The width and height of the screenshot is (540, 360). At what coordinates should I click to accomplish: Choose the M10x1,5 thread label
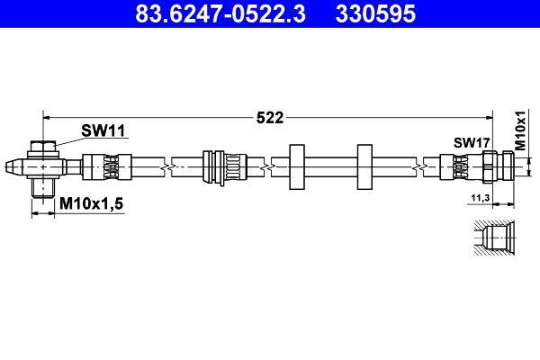coord(91,206)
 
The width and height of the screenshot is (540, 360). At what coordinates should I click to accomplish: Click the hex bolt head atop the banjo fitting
coord(42,146)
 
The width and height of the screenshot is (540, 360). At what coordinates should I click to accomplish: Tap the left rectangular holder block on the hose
coord(298,166)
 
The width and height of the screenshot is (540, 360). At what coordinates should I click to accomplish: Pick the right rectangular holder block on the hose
coord(364,166)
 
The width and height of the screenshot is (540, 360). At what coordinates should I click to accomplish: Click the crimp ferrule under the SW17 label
coord(457,166)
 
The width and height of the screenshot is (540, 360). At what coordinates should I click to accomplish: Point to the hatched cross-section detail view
coord(494,239)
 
